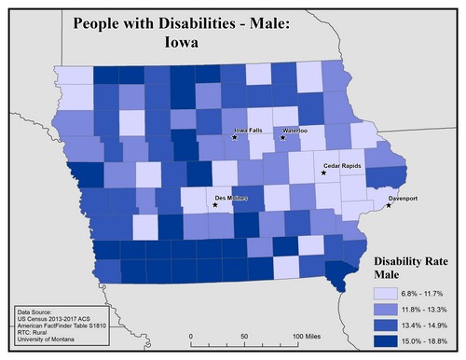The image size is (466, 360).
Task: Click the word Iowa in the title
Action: [x=184, y=42]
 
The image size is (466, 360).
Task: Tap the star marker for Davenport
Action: [x=389, y=205]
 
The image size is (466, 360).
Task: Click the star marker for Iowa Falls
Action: [x=235, y=138]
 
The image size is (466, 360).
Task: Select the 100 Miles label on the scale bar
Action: [x=310, y=335]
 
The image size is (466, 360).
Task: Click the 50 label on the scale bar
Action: [x=244, y=335]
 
